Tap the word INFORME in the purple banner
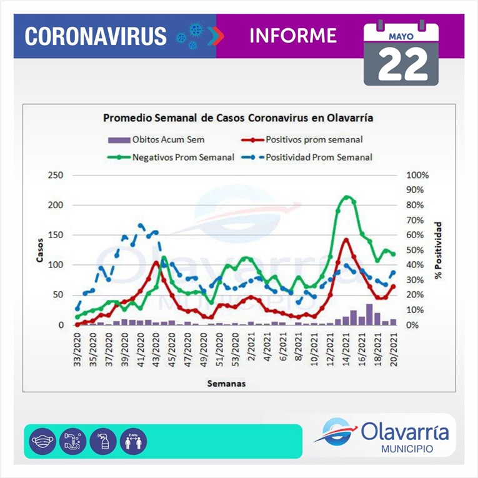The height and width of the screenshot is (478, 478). (x=292, y=35)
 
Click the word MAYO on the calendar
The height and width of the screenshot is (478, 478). (x=401, y=36)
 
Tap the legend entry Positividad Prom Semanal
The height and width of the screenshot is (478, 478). (x=319, y=157)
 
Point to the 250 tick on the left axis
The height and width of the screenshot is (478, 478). (x=56, y=175)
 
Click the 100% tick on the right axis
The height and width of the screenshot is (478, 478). (x=418, y=175)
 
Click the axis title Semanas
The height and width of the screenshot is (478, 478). (x=226, y=384)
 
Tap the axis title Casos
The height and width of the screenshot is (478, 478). (x=39, y=250)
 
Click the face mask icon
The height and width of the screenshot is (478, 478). (x=42, y=440)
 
